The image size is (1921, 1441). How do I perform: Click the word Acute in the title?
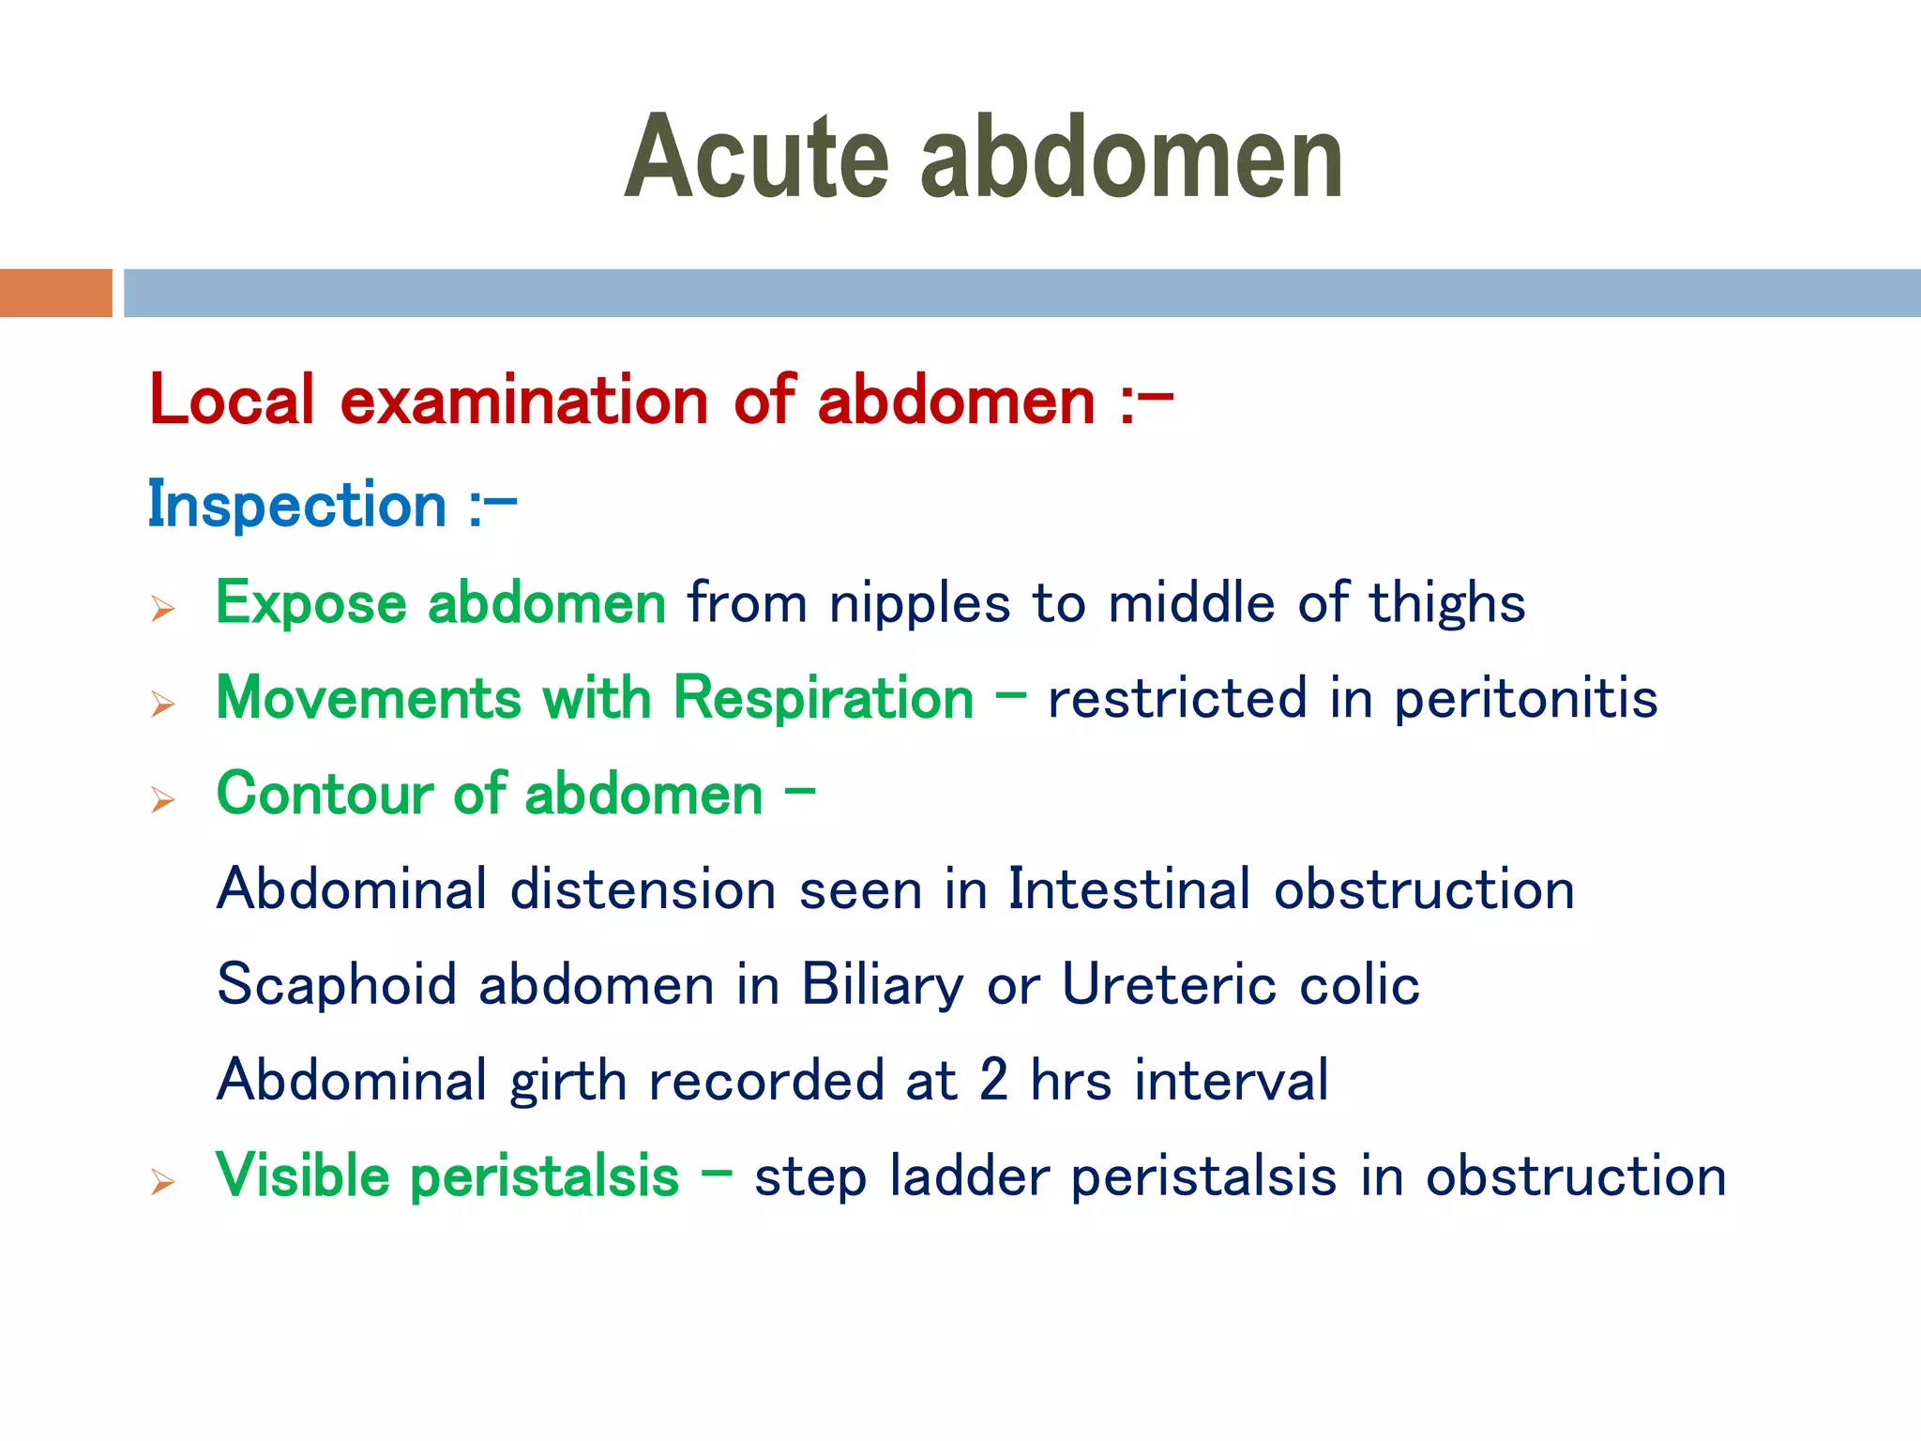pyautogui.click(x=756, y=158)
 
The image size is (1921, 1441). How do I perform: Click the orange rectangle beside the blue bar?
pyautogui.click(x=55, y=293)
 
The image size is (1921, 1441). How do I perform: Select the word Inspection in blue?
pyautogui.click(x=297, y=506)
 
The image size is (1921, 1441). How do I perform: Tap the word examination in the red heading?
pyautogui.click(x=523, y=402)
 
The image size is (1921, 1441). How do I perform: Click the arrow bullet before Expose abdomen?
pyautogui.click(x=163, y=610)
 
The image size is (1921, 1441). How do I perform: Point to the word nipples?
pyautogui.click(x=919, y=603)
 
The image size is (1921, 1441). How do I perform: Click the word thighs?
pyautogui.click(x=1446, y=603)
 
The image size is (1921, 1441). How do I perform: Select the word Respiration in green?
pyautogui.click(x=824, y=699)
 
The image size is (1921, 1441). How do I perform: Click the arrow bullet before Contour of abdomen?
pyautogui.click(x=163, y=800)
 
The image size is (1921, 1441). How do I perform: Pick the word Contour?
pyautogui.click(x=324, y=795)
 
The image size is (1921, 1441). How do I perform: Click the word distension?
pyautogui.click(x=643, y=889)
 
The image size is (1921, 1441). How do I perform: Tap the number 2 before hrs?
pyautogui.click(x=993, y=1080)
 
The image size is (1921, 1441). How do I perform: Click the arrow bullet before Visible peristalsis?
pyautogui.click(x=163, y=1183)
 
